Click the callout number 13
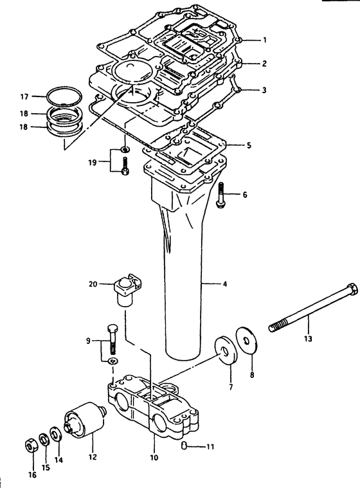pos(308,339)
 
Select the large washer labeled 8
pos(247,341)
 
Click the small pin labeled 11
pos(184,446)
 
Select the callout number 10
pos(154,457)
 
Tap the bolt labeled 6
pos(221,195)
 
